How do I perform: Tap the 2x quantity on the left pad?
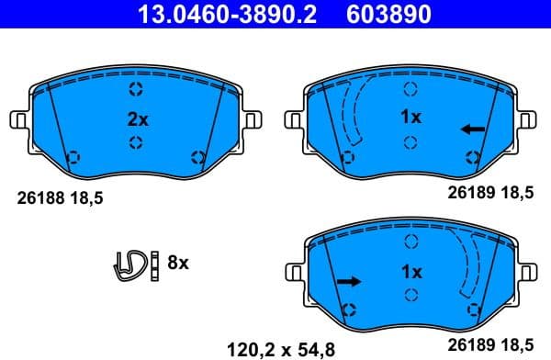pos(136,118)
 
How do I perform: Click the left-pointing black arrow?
pos(472,129)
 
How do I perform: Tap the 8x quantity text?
pos(176,264)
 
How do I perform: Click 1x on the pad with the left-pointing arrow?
pos(411,118)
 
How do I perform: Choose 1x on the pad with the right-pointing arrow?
pos(411,273)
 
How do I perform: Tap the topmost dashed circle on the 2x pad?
pos(136,89)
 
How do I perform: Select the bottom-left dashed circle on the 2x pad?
pos(75,155)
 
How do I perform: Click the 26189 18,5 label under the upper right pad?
pos(489,194)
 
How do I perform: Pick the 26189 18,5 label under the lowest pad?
pos(489,347)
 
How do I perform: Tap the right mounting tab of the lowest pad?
pos(529,275)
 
